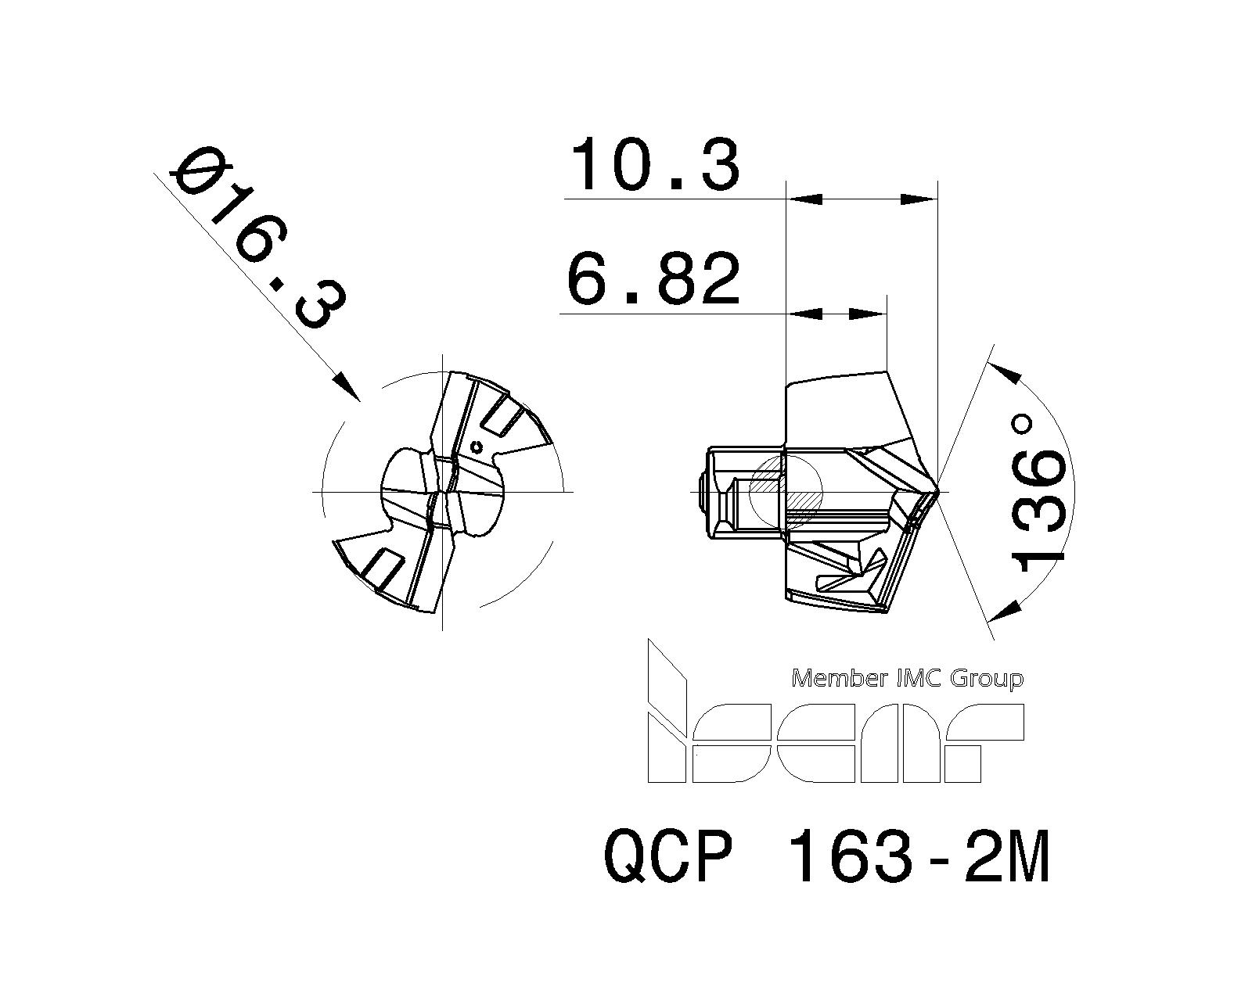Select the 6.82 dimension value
[x=653, y=279]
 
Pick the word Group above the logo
[x=986, y=678]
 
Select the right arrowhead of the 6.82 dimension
[x=868, y=314]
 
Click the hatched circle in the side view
[x=786, y=491]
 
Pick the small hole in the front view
[x=477, y=447]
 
